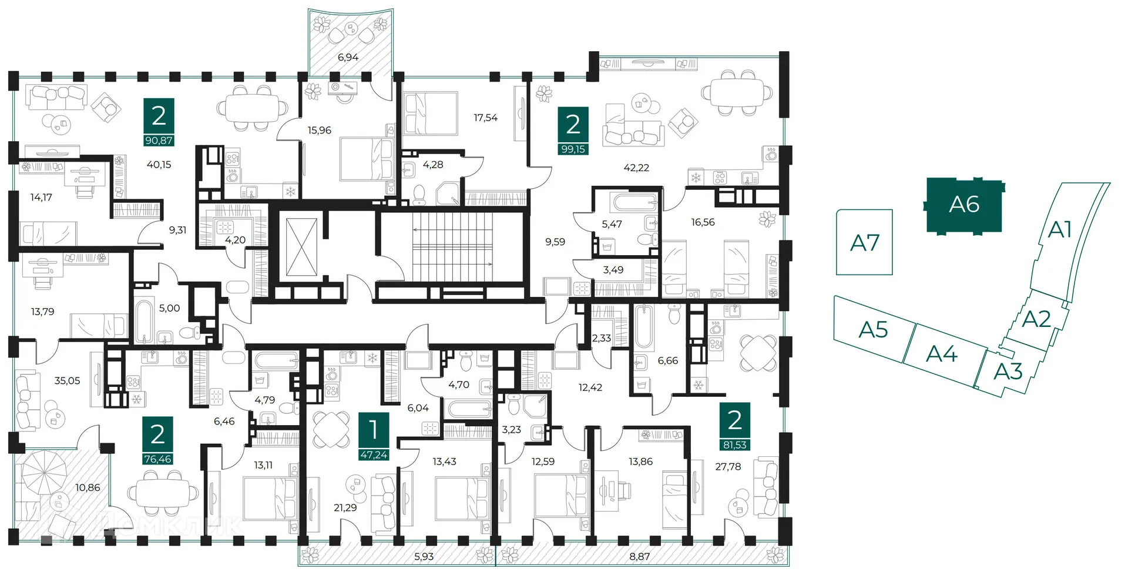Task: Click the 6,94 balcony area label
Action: (x=348, y=58)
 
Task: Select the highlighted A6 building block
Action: (x=964, y=205)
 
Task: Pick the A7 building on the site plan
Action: (x=864, y=242)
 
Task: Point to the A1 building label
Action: (x=1060, y=229)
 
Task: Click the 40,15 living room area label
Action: (x=159, y=165)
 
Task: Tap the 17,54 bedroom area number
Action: (x=485, y=118)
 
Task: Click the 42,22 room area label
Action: (x=636, y=168)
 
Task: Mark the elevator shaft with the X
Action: (x=301, y=247)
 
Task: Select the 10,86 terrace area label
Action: (x=88, y=488)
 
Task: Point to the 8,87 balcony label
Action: (x=639, y=557)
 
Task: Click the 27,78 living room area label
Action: (x=728, y=467)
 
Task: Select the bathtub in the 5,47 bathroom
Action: (x=634, y=202)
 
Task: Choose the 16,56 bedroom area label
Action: (x=703, y=222)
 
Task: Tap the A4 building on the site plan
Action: (x=942, y=354)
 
